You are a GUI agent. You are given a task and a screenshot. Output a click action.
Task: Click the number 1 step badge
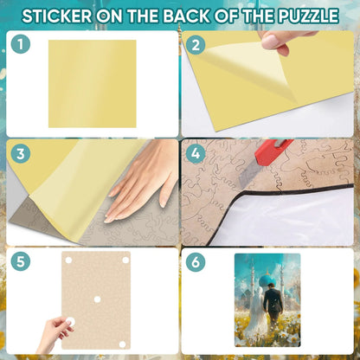21,44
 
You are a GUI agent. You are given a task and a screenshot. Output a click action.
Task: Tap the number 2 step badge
196,45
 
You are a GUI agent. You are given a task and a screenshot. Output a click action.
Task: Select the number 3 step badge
21,153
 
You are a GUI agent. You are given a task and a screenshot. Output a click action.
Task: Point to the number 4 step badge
196,153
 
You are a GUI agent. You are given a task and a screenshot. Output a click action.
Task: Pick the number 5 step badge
21,261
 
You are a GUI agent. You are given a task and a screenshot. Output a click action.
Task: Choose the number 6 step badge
196,261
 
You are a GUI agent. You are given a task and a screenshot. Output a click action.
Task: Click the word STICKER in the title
57,16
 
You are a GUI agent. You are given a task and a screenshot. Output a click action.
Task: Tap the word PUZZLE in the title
308,16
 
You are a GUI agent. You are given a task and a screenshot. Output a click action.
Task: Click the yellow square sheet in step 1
93,84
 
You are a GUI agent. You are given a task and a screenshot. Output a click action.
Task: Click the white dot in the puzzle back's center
97,299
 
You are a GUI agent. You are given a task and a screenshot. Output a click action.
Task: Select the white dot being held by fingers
70,322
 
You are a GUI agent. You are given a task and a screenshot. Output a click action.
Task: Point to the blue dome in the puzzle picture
267,280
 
